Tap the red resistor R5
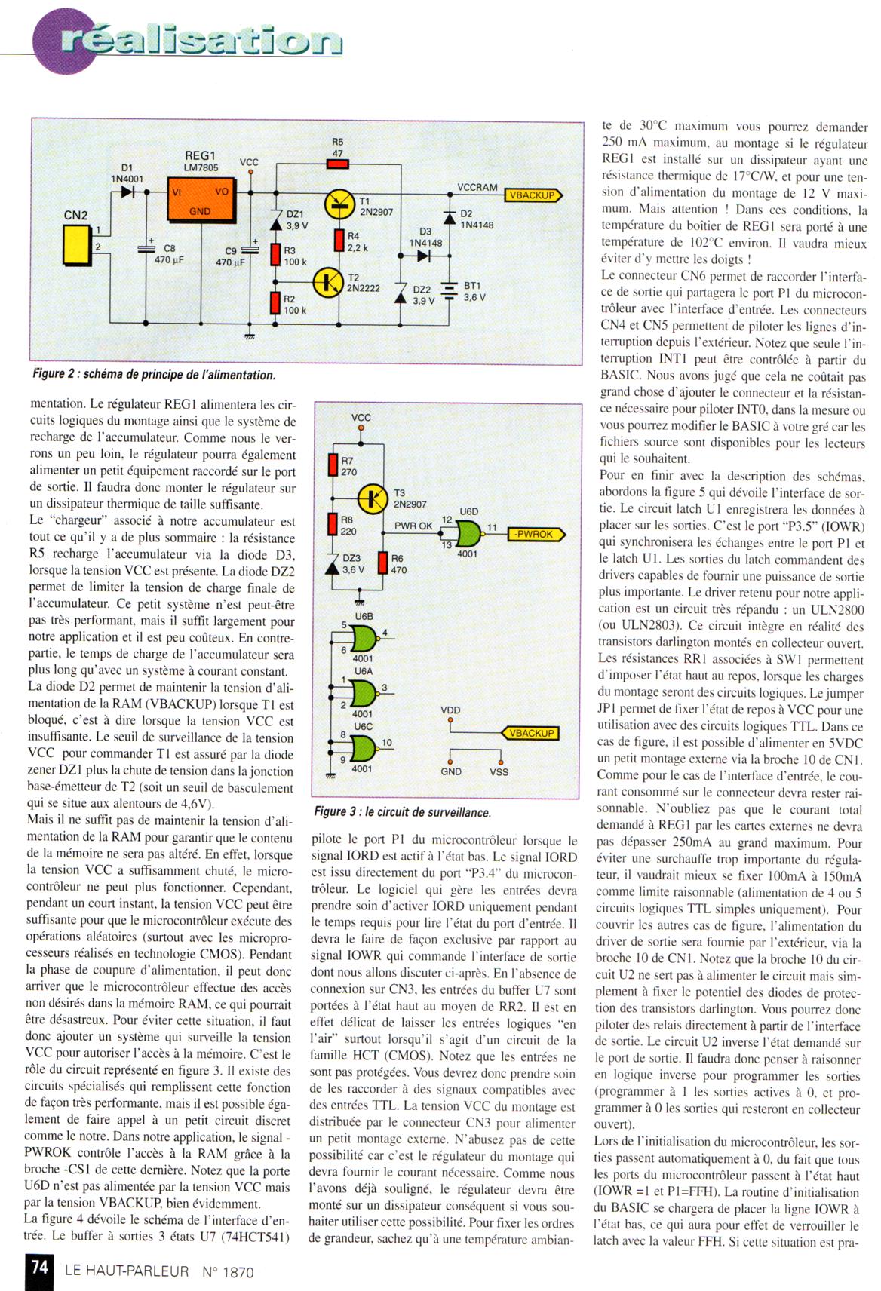click(x=337, y=164)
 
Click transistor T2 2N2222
click(x=329, y=282)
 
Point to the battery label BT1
click(x=471, y=286)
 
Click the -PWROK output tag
click(x=534, y=535)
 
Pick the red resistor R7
click(x=332, y=465)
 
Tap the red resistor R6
click(x=383, y=563)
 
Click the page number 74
click(x=40, y=1267)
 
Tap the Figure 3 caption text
click(x=402, y=812)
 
